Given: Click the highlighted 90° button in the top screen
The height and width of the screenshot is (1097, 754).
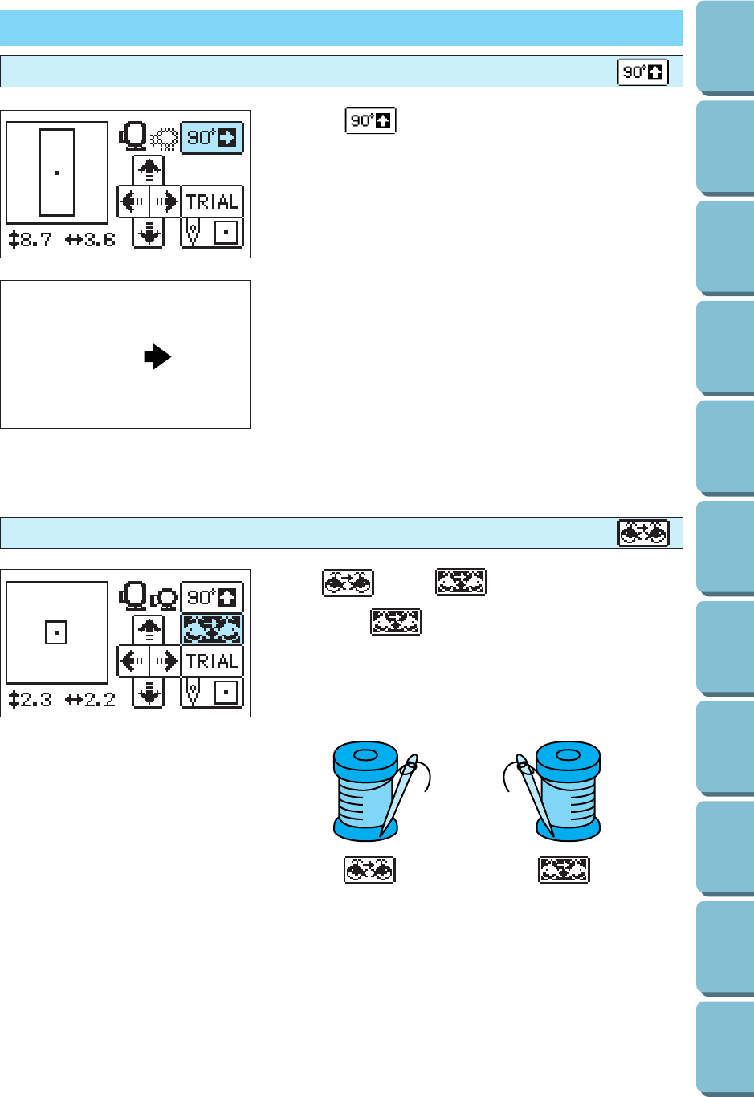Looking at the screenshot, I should click(212, 138).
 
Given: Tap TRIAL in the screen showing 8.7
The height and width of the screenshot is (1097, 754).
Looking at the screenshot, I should click(212, 201).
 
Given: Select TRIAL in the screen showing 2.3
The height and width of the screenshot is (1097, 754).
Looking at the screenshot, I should click(212, 661).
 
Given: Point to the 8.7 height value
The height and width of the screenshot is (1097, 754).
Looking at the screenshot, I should click(31, 239).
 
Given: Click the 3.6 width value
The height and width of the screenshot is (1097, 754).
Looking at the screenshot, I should click(91, 239).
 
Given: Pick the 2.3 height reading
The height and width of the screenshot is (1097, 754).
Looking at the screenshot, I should click(31, 699).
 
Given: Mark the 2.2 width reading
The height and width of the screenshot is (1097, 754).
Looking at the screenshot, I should click(91, 699).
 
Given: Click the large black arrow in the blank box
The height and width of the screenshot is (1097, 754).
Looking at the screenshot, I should click(157, 356).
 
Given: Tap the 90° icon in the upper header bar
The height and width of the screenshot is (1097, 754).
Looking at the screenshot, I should click(642, 73).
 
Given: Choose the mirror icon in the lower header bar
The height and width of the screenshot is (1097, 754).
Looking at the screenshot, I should click(642, 533).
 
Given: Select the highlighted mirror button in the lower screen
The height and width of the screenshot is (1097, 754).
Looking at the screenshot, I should click(212, 629).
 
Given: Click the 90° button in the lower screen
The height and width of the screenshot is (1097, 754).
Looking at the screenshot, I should click(212, 598).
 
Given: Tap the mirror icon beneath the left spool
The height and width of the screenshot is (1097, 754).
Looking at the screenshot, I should click(369, 870).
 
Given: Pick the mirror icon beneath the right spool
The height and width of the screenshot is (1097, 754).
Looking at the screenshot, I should click(564, 870).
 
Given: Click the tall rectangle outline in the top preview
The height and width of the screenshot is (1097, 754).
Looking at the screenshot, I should click(57, 173).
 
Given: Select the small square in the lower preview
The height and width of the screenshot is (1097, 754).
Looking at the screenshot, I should click(55, 632).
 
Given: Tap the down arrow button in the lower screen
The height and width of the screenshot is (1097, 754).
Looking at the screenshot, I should click(149, 693).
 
